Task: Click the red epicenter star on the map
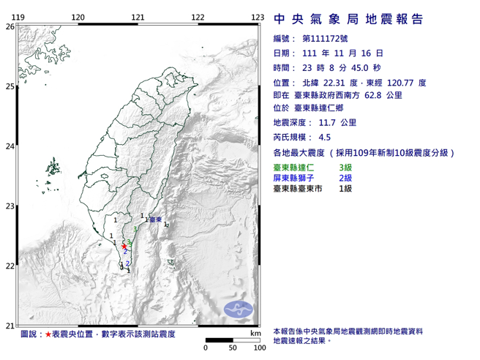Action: pos(124,247)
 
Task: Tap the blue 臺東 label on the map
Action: pos(155,220)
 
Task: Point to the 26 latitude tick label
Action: pos(10,26)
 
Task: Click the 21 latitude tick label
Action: pos(10,326)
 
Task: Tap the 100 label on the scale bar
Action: pos(258,348)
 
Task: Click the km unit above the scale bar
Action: pos(255,333)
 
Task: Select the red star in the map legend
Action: pos(48,334)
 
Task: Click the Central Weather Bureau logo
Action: pos(238,308)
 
